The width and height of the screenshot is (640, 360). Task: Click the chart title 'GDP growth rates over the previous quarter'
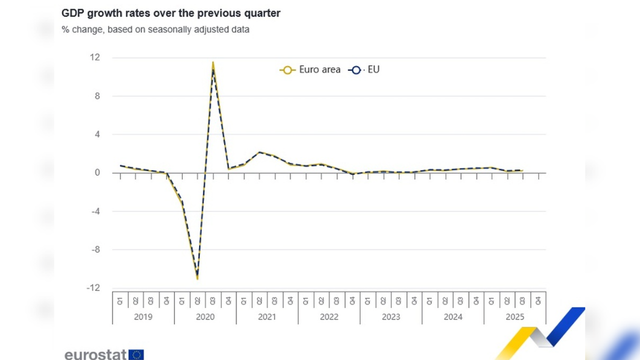(x=171, y=13)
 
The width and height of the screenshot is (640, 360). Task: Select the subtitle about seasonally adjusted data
(x=155, y=29)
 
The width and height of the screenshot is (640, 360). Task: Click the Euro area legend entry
(x=310, y=70)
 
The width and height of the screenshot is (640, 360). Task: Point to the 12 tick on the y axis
(x=95, y=57)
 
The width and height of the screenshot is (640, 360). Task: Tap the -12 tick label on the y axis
(x=93, y=288)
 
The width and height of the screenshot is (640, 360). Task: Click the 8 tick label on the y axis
(x=97, y=96)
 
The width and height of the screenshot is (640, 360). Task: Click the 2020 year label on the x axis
(x=205, y=316)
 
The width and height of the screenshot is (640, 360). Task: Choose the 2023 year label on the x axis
(x=391, y=316)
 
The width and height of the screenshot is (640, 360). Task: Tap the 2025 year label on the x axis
(x=514, y=316)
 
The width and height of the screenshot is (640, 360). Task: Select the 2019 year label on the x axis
(x=143, y=316)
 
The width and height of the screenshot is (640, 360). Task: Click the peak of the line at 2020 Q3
(x=213, y=63)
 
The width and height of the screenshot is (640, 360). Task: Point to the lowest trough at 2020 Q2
(x=197, y=278)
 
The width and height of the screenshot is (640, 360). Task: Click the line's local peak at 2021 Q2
(x=259, y=152)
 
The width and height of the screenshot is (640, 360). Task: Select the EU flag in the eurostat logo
(x=136, y=354)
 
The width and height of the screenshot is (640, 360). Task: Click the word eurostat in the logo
(x=95, y=354)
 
